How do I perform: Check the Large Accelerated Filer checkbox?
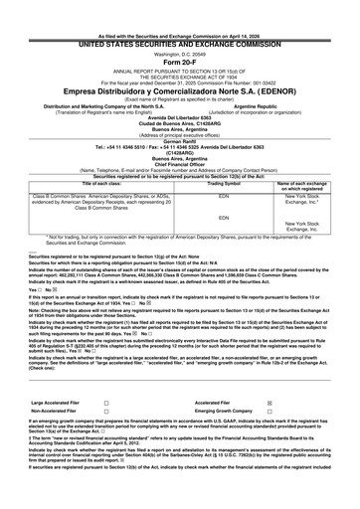tap(106, 404)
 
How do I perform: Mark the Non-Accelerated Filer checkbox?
tap(106, 413)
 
